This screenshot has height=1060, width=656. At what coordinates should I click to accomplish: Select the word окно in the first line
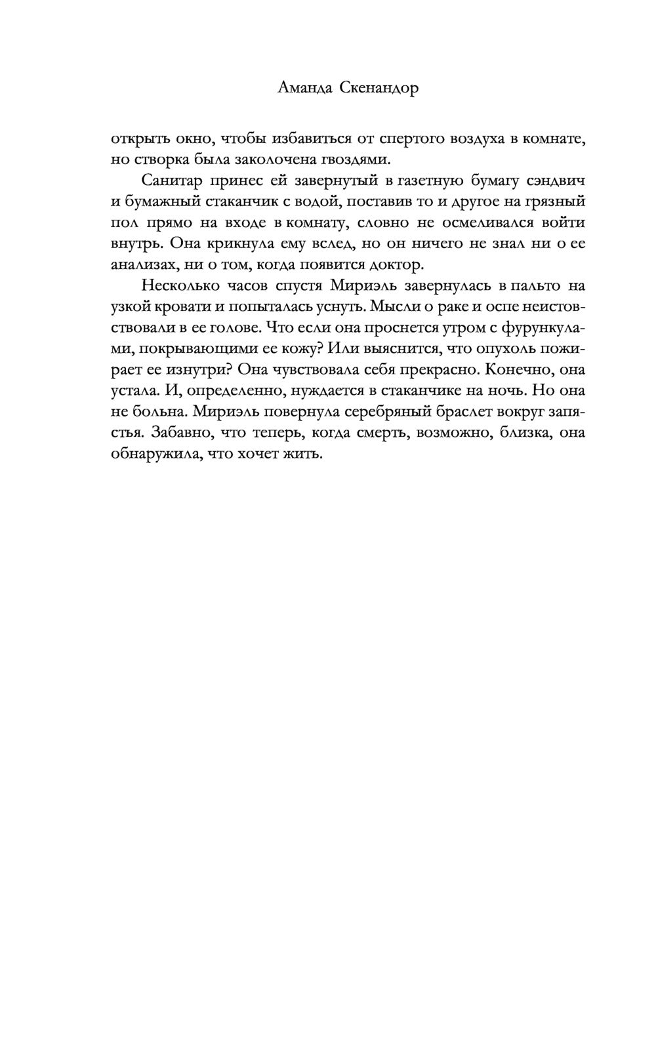click(x=184, y=139)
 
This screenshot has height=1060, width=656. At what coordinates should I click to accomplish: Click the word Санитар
click(x=169, y=181)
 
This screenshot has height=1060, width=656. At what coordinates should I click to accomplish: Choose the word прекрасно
click(x=430, y=370)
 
